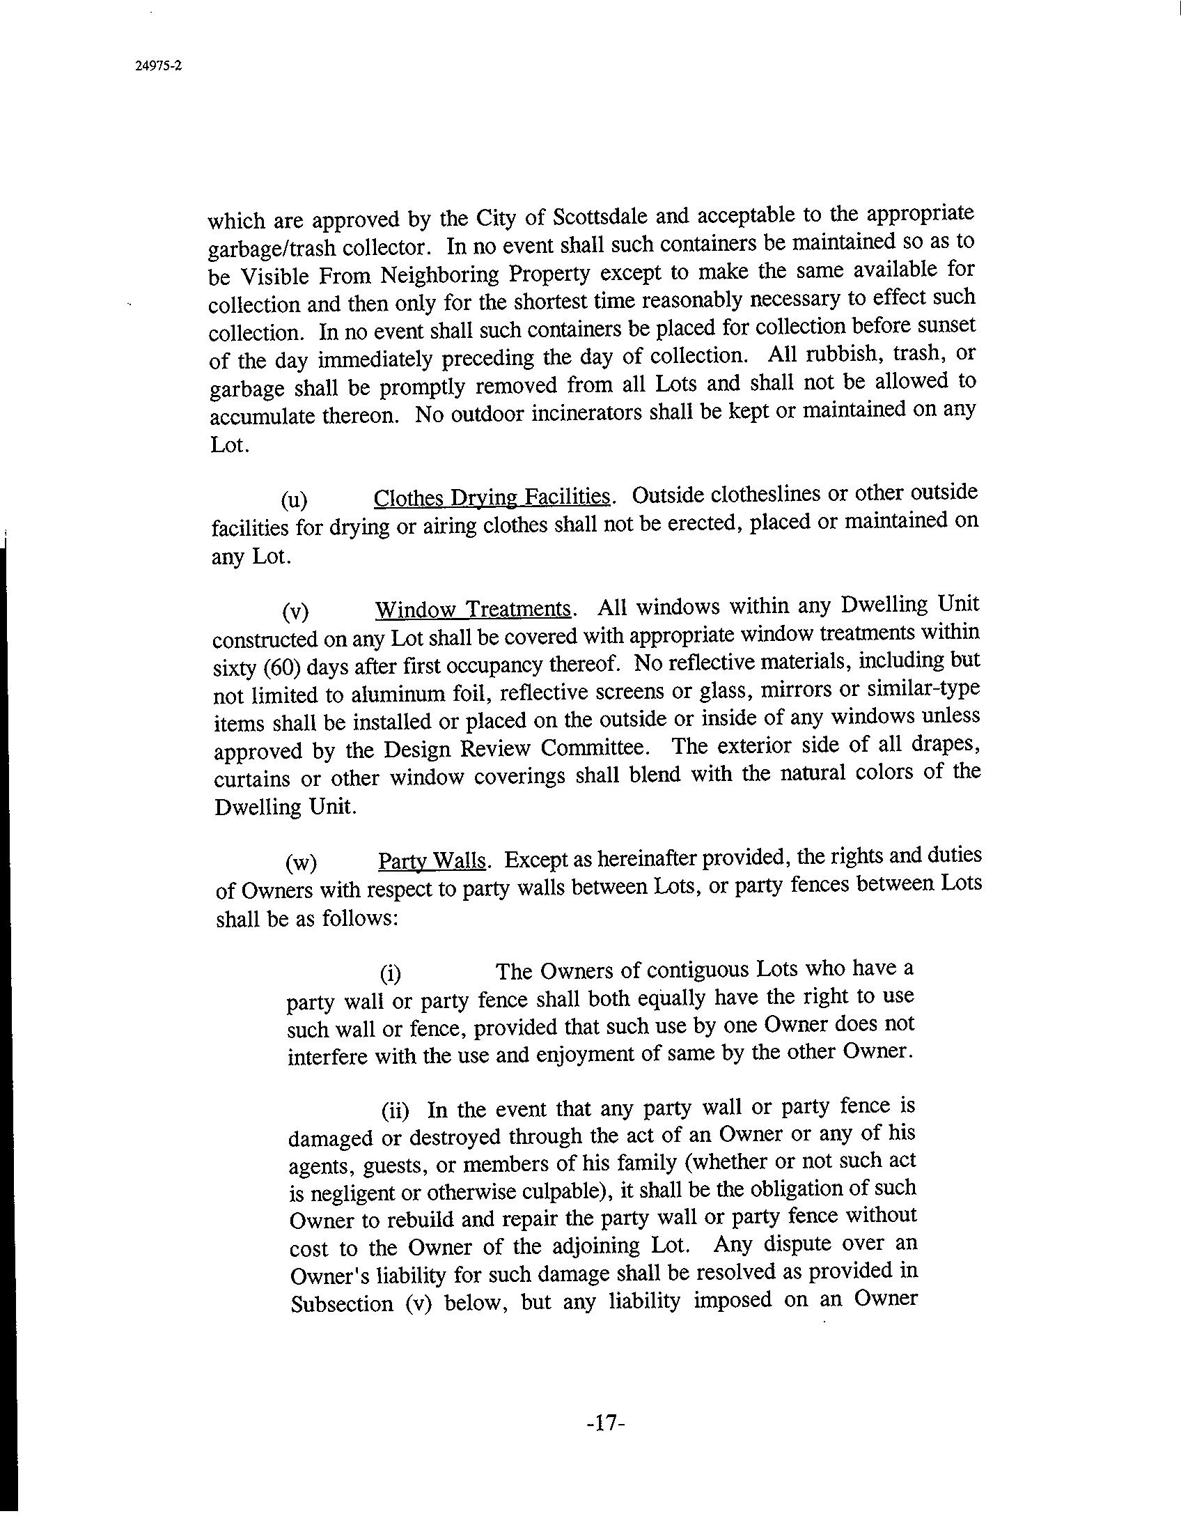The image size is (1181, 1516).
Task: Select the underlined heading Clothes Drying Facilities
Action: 493,497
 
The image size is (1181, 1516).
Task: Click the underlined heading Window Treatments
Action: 474,609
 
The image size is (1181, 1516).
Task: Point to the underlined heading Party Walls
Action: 432,861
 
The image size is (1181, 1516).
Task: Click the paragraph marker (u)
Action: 294,500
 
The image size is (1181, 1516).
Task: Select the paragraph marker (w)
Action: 301,863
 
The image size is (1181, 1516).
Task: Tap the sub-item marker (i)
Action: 390,973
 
